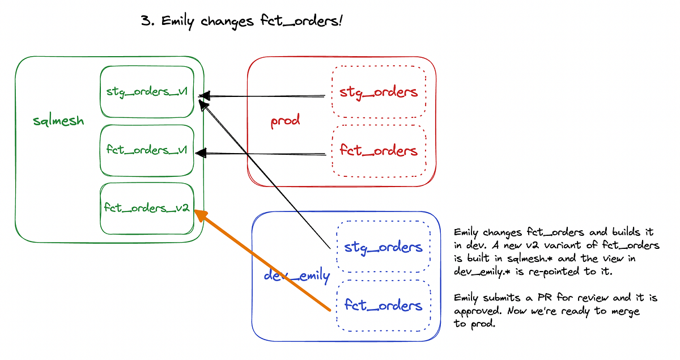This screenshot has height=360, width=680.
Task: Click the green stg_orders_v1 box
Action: tap(147, 92)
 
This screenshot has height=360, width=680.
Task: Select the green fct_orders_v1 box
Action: tap(147, 150)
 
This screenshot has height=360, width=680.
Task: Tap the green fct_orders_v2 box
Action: tap(147, 208)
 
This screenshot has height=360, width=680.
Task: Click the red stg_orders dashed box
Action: tap(378, 92)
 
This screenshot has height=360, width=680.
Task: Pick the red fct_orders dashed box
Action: tap(378, 150)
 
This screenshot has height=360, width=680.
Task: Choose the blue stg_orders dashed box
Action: tap(383, 247)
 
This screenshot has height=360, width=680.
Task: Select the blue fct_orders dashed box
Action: tap(383, 306)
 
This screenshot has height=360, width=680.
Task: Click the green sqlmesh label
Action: tap(58, 121)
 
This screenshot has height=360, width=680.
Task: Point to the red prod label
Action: tap(284, 121)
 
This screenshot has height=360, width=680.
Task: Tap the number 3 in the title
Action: tap(146, 22)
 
